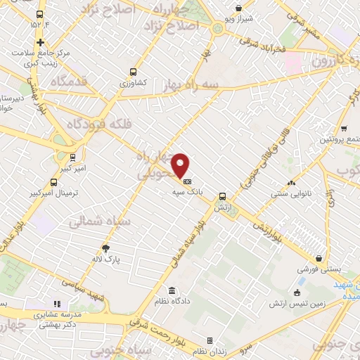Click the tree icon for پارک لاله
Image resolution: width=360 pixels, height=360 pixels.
(x=105, y=247)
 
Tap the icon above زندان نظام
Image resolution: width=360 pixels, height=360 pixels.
(x=210, y=340)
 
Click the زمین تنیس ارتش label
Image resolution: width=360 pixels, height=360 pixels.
(x=295, y=304)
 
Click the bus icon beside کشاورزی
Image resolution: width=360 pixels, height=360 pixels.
(x=133, y=71)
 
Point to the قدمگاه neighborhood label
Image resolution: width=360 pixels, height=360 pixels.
(x=68, y=82)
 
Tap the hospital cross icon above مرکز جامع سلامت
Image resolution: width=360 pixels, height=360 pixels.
(x=41, y=42)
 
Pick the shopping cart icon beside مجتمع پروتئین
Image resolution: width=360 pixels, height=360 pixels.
(x=343, y=128)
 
